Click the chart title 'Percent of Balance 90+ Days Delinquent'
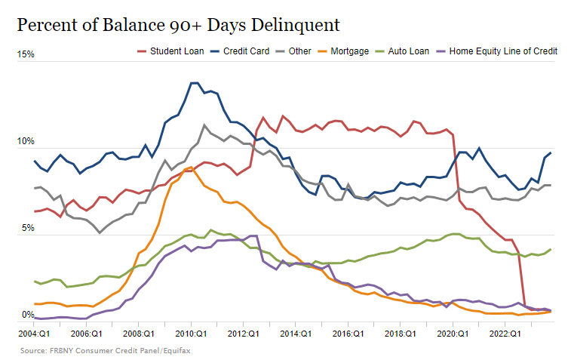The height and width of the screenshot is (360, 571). click(178, 25)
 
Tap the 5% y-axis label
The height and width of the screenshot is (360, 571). click(26, 229)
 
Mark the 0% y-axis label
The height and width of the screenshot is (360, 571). click(26, 315)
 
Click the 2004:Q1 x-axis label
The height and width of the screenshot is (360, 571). click(34, 332)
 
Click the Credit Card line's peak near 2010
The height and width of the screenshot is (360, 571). click(194, 83)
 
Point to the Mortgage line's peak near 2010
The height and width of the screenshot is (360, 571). click(190, 168)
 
